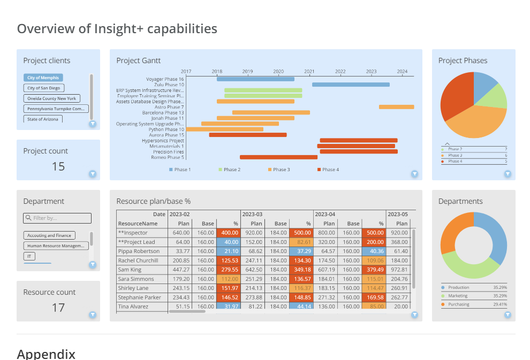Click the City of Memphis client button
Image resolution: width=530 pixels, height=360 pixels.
point(43,78)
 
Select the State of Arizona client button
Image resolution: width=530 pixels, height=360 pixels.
point(43,119)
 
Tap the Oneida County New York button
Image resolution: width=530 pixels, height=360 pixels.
point(51,98)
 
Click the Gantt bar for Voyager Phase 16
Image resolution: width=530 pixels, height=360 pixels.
point(255,79)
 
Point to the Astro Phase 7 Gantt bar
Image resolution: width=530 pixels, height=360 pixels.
point(396,107)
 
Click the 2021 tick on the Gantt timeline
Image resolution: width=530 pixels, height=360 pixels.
point(309,71)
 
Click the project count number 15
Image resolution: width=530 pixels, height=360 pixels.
point(58,166)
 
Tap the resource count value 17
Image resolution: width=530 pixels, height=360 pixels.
point(58,308)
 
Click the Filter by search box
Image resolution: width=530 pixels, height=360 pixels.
point(57,218)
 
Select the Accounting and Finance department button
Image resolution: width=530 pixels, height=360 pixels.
point(49,235)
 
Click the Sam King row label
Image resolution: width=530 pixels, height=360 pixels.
point(130,270)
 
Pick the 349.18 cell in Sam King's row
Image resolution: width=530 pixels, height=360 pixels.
point(302,270)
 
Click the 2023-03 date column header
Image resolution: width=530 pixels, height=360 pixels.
point(252,214)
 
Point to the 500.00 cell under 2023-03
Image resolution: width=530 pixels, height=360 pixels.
point(302,233)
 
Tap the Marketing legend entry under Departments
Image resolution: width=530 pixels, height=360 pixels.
point(458,296)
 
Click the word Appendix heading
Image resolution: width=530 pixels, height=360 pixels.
point(46,354)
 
